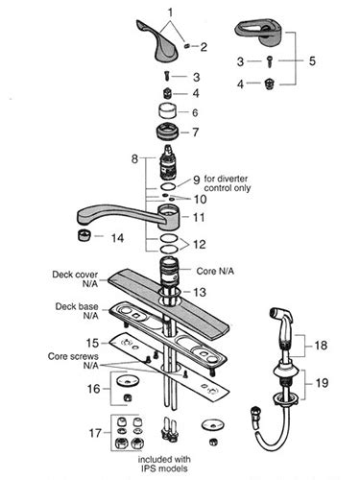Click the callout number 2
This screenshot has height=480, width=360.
[x=204, y=47]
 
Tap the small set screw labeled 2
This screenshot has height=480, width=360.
[x=187, y=47]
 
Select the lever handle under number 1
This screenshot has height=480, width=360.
[x=155, y=41]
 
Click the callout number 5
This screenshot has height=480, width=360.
[x=312, y=60]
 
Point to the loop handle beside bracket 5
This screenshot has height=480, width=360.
[x=259, y=34]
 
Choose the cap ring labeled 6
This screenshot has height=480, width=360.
[x=168, y=111]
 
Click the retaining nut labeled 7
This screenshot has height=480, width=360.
[x=167, y=132]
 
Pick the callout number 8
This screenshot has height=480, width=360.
[x=135, y=158]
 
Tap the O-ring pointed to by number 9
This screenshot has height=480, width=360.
[x=168, y=186]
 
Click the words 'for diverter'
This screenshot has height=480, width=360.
[x=226, y=179]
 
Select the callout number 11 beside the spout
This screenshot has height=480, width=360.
[x=199, y=217]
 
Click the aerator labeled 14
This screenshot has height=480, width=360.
[x=84, y=235]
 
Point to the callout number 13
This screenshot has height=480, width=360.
[x=199, y=292]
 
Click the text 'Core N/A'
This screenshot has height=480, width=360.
[x=215, y=271]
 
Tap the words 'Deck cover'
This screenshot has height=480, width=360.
[x=75, y=275]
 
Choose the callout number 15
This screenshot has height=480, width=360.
[x=92, y=343]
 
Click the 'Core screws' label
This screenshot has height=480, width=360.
[x=73, y=356]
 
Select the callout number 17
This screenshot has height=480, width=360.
[x=95, y=433]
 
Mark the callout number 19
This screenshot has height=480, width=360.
[x=322, y=382]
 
